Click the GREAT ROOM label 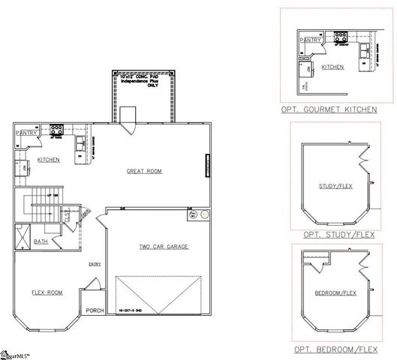pyautogui.click(x=144, y=172)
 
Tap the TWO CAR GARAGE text pyautogui.click(x=163, y=246)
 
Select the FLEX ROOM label pyautogui.click(x=47, y=292)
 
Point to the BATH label pyautogui.click(x=42, y=241)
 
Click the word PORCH pyautogui.click(x=95, y=310)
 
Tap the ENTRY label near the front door pyautogui.click(x=95, y=263)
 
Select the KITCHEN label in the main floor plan pyautogui.click(x=49, y=160)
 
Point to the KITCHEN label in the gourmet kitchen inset pyautogui.click(x=332, y=67)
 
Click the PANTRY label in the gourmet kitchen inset pyautogui.click(x=310, y=40)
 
